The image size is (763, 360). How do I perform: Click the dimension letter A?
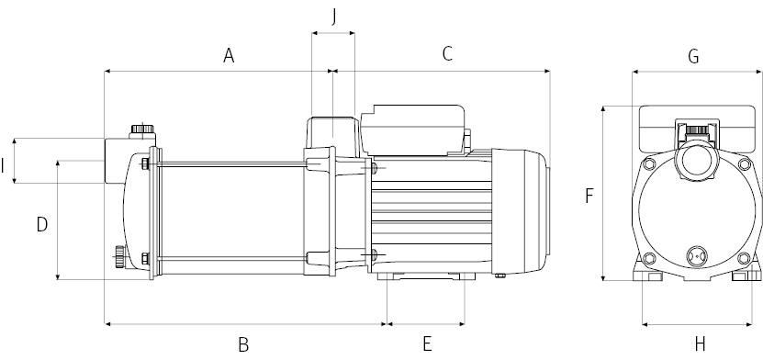pyautogui.click(x=229, y=55)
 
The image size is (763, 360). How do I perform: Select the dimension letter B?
pyautogui.click(x=244, y=344)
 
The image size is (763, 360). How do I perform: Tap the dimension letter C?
pyautogui.click(x=448, y=53)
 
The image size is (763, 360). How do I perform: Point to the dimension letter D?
pyautogui.click(x=42, y=225)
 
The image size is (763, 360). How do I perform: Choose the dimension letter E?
pyautogui.click(x=427, y=344)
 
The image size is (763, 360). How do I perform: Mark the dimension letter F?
pyautogui.click(x=589, y=196)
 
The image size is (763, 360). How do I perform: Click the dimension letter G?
pyautogui.click(x=693, y=56)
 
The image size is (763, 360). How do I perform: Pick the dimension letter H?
pyautogui.click(x=701, y=344)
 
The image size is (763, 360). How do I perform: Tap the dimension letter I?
pyautogui.click(x=3, y=166)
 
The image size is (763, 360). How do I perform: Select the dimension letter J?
pyautogui.click(x=334, y=17)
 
